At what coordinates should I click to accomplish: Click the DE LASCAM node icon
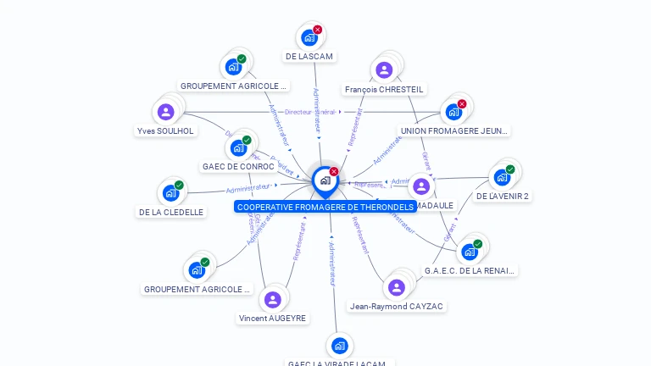coord(309,37)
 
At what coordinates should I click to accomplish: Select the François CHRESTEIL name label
coord(384,89)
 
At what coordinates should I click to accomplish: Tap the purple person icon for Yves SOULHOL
coord(166,112)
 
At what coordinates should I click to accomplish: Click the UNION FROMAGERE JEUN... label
coord(454,130)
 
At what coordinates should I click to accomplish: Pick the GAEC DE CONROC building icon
coord(238,147)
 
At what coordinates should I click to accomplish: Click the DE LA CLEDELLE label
coord(172,212)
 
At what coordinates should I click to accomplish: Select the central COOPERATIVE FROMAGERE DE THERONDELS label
coord(325,207)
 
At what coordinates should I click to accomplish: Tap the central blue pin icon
coord(325,180)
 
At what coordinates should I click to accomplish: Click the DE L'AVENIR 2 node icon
coord(502,177)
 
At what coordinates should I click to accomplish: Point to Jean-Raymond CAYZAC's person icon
coord(397,287)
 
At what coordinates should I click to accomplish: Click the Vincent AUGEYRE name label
coord(273,318)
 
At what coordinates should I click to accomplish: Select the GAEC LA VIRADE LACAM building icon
coord(339,346)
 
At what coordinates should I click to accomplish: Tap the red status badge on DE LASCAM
coord(318,30)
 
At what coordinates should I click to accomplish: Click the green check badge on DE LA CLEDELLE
coord(179,185)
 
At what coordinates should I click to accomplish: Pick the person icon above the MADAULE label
coord(421,186)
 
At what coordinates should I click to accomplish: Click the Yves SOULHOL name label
coord(165,130)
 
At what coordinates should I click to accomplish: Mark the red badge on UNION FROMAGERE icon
coord(462,104)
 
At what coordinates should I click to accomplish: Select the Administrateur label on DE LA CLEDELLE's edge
coord(248,187)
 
